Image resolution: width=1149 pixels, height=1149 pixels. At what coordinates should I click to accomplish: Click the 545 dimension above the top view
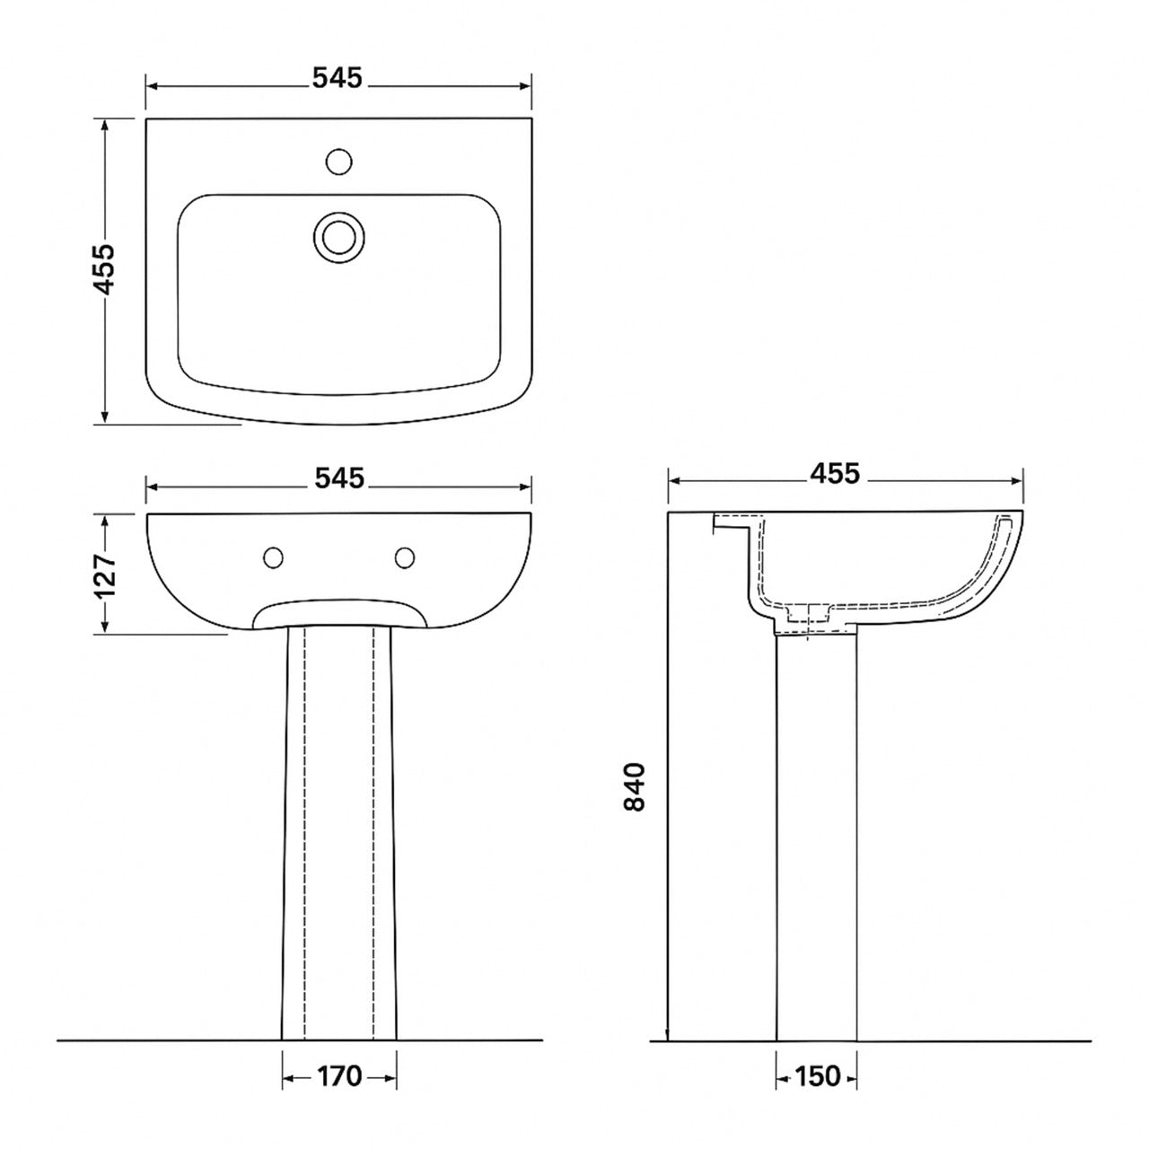338,80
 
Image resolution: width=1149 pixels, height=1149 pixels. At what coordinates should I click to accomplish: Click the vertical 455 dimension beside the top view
105,268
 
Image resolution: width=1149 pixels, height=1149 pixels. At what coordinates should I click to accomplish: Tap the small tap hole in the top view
338,162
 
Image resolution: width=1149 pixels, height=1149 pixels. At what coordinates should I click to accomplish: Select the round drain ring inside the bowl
339,236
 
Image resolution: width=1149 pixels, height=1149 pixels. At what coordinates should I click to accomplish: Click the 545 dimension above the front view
339,479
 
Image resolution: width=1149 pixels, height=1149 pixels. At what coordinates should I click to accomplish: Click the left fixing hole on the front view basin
274,558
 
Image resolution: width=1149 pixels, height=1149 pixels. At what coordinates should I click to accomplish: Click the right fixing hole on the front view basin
406,558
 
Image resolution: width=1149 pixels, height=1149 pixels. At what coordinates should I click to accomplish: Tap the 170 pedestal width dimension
339,1075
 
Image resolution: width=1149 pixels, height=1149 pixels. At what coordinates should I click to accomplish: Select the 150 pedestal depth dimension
817,1075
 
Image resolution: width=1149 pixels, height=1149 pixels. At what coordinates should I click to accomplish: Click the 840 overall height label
635,787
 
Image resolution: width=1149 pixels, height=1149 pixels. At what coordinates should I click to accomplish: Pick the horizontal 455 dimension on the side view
835,473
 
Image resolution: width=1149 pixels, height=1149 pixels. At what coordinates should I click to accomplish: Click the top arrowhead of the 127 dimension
106,520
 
